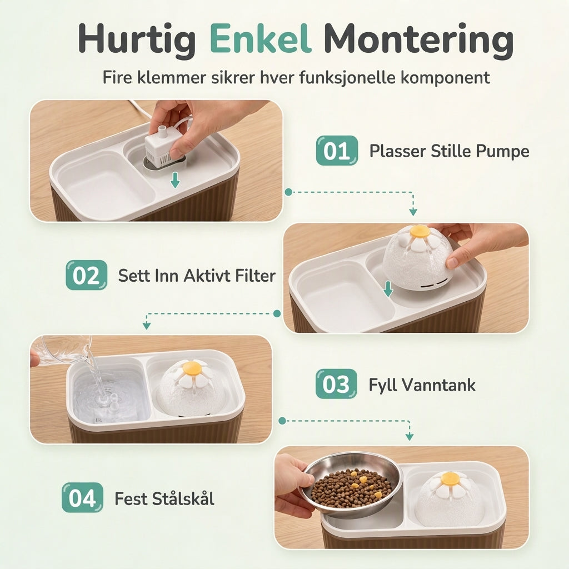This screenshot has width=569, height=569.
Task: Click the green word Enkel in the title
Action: pos(261,38)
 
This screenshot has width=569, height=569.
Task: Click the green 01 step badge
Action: pos(337,151)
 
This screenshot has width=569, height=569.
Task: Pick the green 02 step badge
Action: pos(86,275)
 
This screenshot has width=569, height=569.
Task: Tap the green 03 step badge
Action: pos(336,384)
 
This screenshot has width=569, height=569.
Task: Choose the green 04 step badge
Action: pos(82,497)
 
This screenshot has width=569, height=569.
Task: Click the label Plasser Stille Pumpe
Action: pos(449,151)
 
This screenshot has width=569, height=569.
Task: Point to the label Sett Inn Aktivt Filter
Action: pos(197,276)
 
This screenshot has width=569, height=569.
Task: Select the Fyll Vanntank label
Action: pos(422,385)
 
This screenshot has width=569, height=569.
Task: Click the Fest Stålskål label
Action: pos(164,498)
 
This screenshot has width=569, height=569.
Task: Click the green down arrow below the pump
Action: pos(175,180)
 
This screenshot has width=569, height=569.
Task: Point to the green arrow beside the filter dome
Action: pos(388,289)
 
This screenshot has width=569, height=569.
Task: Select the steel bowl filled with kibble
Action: pos(351,485)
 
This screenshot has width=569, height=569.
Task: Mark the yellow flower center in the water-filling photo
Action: pos(192,368)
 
